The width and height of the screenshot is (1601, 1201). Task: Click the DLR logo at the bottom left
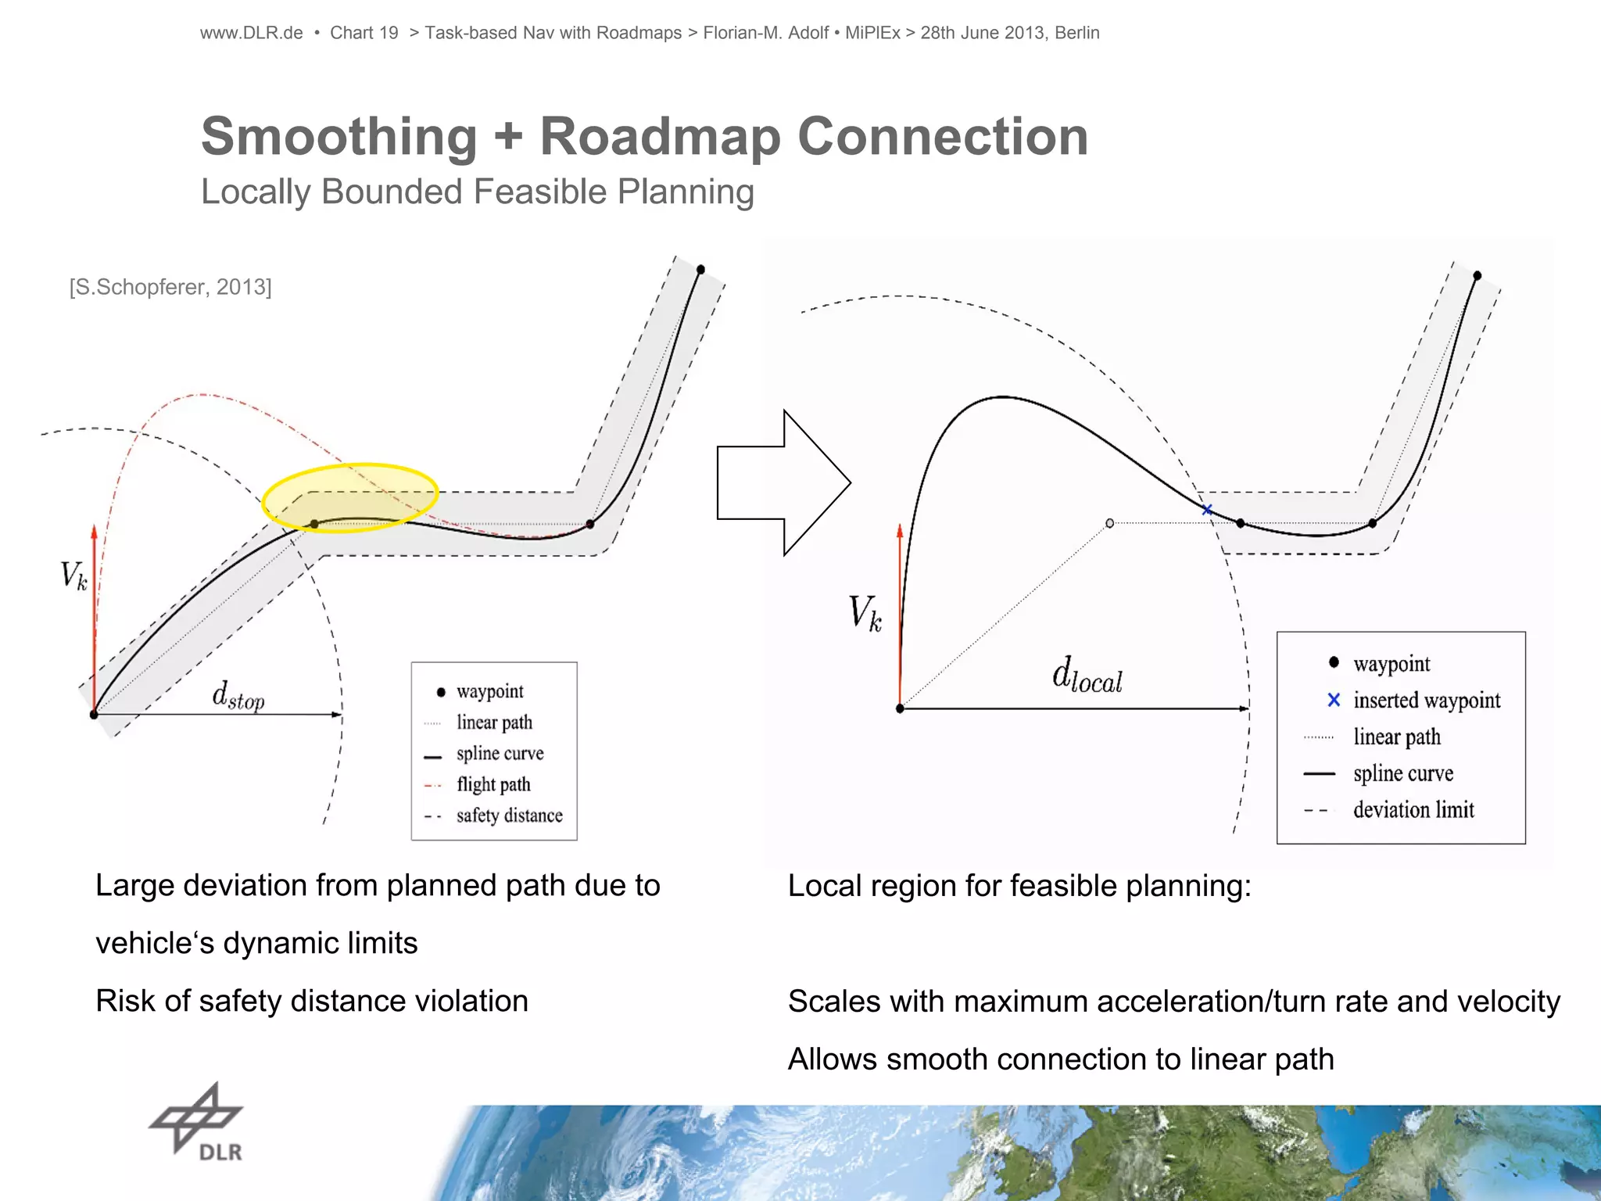[197, 1123]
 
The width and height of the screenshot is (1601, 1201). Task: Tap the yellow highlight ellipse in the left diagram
[349, 498]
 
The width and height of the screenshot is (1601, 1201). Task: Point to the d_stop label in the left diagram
[238, 695]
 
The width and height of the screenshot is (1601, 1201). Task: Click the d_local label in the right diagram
[1087, 676]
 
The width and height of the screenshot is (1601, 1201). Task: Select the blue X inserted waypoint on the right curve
[1207, 510]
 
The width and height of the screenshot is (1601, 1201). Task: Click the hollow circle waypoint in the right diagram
[1109, 523]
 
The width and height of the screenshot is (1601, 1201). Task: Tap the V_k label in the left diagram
[73, 576]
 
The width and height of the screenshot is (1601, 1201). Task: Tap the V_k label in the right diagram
[865, 613]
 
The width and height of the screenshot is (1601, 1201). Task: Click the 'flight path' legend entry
[493, 784]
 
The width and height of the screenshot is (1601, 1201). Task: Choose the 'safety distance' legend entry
[509, 816]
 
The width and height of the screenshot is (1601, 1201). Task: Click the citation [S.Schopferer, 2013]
[170, 287]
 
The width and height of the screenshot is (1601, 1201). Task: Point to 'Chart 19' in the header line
[364, 33]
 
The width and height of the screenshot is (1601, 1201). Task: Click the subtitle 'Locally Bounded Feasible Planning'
[477, 192]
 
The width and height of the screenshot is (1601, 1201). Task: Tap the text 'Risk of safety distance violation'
[312, 1001]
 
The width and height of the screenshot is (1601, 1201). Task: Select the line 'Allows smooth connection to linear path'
[1061, 1059]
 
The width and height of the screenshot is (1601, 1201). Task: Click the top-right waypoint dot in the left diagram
[700, 270]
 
